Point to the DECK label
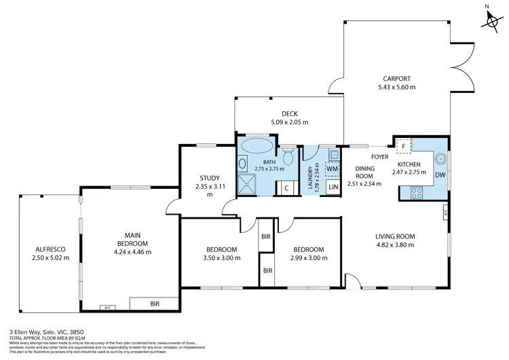click(x=290, y=113)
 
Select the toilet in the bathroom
click(x=288, y=157)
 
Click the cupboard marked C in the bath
click(x=286, y=187)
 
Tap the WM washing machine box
click(x=333, y=168)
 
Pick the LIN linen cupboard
click(x=333, y=186)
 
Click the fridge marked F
click(x=404, y=146)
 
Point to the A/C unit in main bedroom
click(x=107, y=308)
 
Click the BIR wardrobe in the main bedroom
click(x=155, y=304)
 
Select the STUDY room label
click(x=210, y=178)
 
